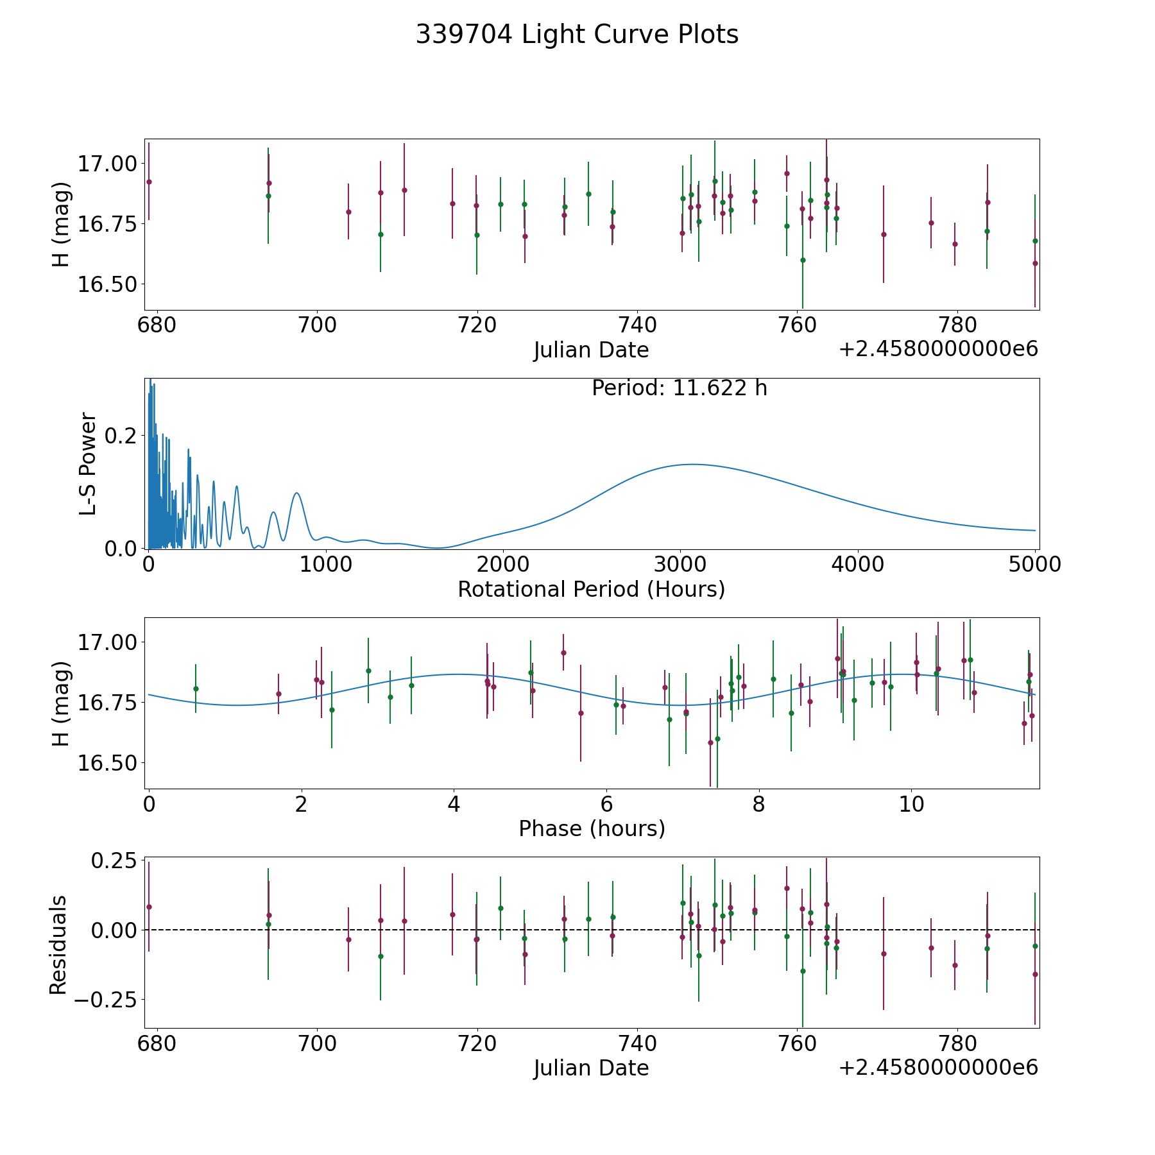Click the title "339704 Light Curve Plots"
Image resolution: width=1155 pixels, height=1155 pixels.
pos(577,35)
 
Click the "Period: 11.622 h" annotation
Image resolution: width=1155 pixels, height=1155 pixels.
pos(679,388)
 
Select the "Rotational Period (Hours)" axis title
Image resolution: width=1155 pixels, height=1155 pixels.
pos(591,589)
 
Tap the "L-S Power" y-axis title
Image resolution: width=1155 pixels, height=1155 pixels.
pos(88,463)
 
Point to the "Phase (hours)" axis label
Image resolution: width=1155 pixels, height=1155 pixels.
pos(591,828)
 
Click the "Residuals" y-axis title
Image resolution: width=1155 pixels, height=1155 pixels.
pos(58,945)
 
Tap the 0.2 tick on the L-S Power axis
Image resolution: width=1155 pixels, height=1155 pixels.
pos(121,436)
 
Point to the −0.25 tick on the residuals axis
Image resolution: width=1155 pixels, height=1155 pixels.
pos(106,1000)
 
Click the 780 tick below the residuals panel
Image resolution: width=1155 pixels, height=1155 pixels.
pos(957,1043)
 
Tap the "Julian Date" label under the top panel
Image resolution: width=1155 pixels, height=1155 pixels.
pos(591,350)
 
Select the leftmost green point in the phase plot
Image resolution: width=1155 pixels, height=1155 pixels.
pos(196,689)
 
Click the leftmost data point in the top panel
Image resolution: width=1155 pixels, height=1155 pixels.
pos(149,182)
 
